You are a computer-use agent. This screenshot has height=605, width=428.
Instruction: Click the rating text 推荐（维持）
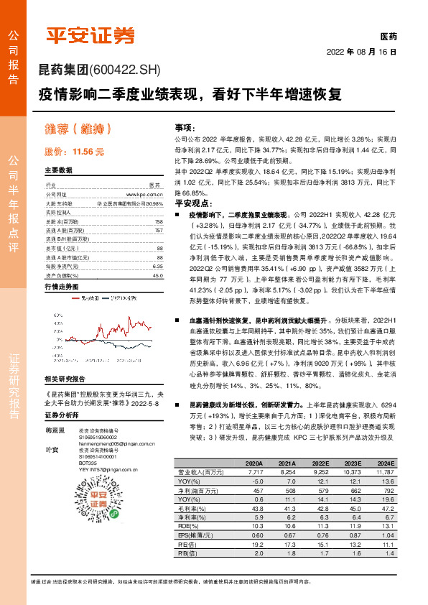coord(80,129)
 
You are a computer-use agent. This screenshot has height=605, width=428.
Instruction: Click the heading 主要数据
coord(59,171)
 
